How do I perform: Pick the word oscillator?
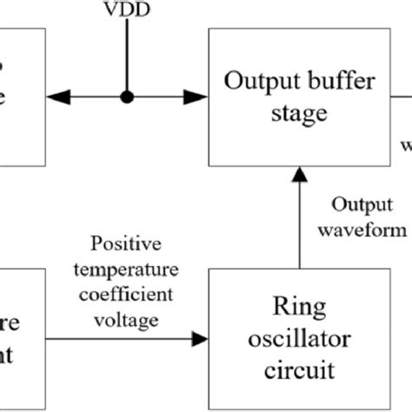pyautogui.click(x=298, y=338)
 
